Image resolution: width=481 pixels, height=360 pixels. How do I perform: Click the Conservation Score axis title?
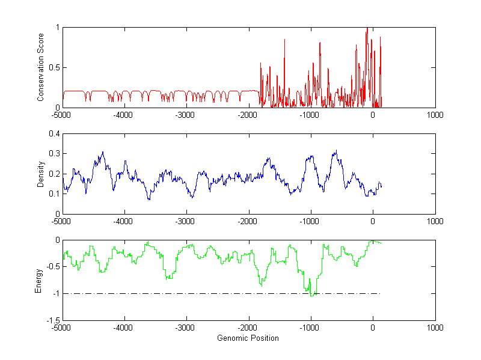(41, 67)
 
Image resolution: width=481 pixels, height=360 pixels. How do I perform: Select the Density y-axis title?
(41, 174)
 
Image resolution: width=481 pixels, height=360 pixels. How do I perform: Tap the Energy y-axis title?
(38, 280)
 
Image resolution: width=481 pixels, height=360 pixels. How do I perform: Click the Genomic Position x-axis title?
(248, 338)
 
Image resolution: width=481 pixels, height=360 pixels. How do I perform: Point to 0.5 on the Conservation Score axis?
(54, 67)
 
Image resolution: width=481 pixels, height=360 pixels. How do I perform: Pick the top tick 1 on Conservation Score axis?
(57, 27)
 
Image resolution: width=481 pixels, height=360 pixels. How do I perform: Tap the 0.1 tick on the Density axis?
(54, 194)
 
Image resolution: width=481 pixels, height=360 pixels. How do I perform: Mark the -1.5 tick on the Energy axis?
(52, 320)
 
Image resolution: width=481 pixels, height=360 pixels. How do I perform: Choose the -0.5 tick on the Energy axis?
(52, 267)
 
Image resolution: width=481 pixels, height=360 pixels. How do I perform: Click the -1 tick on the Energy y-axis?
(55, 294)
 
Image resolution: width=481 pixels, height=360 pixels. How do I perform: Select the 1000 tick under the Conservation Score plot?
(435, 115)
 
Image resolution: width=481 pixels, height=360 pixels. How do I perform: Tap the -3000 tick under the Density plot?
(186, 221)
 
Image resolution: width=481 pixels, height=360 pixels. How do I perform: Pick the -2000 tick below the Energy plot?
(248, 328)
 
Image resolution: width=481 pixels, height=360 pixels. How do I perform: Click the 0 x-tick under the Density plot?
(373, 221)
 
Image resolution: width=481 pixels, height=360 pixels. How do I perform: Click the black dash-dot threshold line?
(180, 294)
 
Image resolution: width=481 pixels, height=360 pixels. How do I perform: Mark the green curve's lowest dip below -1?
(311, 296)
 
